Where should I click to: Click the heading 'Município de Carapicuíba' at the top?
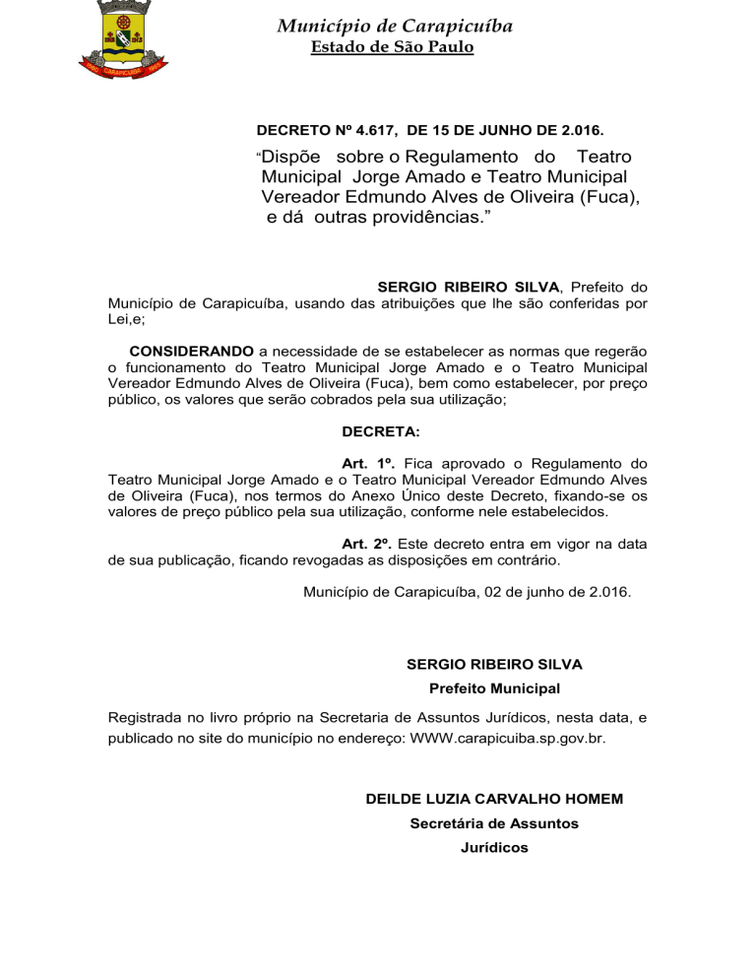(394, 26)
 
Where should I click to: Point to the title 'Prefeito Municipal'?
(494, 687)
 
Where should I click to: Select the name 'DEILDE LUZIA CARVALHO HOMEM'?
(494, 798)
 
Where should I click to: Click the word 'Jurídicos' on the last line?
(494, 847)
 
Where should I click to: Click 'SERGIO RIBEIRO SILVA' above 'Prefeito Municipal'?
(494, 665)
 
